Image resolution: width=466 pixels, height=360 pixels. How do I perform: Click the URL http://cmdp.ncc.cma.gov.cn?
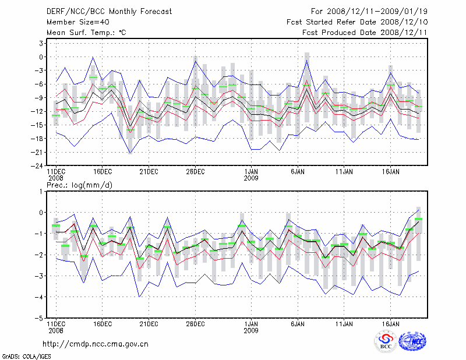tap(96, 344)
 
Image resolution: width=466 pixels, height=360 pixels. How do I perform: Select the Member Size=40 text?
tap(77, 22)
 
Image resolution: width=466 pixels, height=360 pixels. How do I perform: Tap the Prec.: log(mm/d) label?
tap(80, 185)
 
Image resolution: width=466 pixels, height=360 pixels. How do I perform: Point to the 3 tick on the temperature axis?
tap(41, 44)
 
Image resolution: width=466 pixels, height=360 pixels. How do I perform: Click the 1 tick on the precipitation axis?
tap(41, 192)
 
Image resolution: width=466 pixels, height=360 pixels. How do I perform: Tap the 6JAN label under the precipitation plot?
tap(298, 323)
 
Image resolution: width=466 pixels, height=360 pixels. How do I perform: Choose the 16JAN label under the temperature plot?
tap(391, 172)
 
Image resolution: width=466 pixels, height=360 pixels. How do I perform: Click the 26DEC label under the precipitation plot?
tap(195, 323)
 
